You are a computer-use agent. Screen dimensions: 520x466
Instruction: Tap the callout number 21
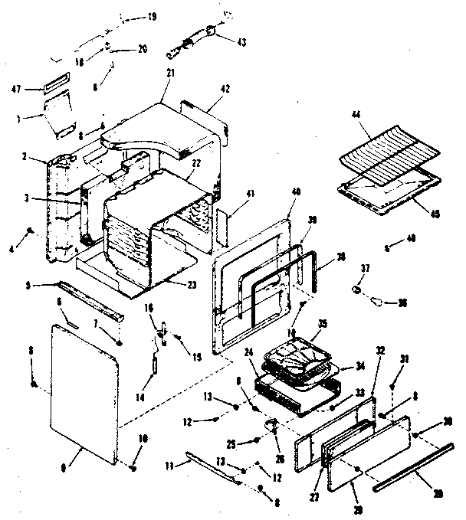point(171,73)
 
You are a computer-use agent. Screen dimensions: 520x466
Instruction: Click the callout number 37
point(365,269)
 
